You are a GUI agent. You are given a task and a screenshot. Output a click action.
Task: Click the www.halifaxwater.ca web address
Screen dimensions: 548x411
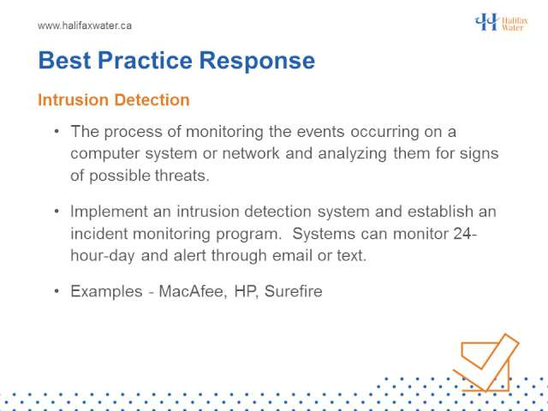(x=85, y=26)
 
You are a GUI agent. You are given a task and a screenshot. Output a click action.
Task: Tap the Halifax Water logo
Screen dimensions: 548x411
(x=501, y=22)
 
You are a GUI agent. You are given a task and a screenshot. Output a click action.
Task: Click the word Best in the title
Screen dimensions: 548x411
(x=65, y=61)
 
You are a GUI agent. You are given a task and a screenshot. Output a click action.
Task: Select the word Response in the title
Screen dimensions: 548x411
(x=257, y=62)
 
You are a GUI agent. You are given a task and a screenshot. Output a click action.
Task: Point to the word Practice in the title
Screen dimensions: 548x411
(x=145, y=61)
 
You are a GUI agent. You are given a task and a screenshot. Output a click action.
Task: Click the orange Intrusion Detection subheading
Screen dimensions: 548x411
(x=114, y=100)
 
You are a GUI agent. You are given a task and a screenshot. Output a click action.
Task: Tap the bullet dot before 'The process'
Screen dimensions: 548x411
(x=57, y=132)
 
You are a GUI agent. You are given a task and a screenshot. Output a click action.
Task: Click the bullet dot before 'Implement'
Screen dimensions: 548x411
(x=57, y=211)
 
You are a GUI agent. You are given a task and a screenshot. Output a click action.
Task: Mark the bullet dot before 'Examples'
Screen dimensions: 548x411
(x=57, y=291)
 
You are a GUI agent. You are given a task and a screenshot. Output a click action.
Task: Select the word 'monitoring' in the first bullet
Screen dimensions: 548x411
(x=224, y=133)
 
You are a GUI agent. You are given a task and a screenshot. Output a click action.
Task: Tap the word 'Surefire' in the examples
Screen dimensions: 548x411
(x=293, y=291)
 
